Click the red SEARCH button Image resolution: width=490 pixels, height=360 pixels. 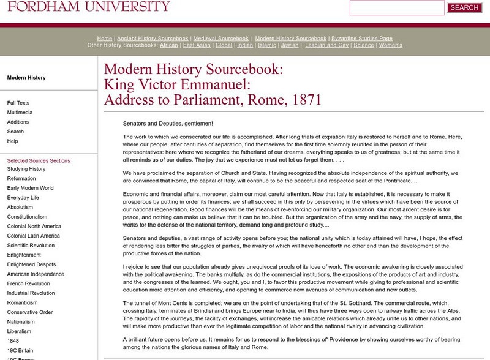464,8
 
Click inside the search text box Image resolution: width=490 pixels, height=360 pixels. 397,8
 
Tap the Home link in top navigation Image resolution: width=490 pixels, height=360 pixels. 105,39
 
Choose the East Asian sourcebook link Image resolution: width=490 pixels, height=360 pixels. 197,45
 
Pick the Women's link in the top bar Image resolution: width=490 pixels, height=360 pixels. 391,45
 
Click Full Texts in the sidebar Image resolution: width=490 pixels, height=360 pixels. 18,103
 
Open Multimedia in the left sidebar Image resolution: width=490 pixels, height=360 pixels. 20,113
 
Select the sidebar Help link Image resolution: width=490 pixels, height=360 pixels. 12,141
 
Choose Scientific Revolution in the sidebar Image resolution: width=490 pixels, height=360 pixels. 31,246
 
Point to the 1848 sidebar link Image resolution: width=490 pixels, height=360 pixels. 13,340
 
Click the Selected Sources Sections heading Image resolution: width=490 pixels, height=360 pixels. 39,161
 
